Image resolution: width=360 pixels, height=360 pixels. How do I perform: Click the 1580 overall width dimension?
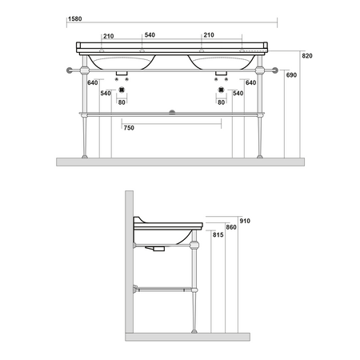coord(75,19)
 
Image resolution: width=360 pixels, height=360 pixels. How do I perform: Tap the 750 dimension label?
coord(129,128)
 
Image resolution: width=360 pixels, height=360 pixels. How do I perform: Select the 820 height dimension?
coord(307,56)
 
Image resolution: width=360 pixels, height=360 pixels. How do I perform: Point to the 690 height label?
coord(291,75)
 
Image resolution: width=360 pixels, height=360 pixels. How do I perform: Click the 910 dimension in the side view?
coord(245,221)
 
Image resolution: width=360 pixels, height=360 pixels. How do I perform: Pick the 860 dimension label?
coord(231,227)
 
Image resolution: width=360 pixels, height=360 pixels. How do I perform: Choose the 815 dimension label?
coord(218,234)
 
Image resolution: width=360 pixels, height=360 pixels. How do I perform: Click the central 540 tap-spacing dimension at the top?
coord(150,35)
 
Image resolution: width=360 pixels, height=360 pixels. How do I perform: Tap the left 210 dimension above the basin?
coord(109,36)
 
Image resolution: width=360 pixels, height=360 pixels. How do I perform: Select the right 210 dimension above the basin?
coord(209,35)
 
